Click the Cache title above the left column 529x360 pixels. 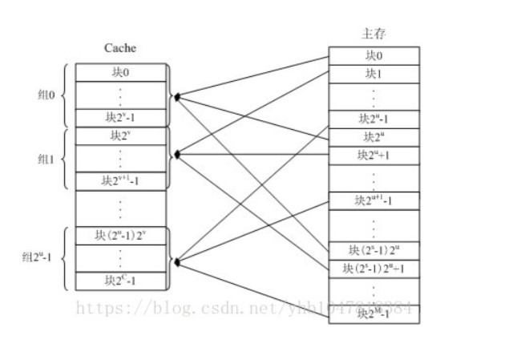point(119,48)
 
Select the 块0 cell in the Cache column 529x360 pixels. point(121,71)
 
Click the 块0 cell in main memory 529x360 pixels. point(374,55)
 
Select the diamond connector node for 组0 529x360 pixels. point(176,96)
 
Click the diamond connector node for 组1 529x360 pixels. point(176,153)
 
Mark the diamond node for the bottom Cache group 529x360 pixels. point(176,261)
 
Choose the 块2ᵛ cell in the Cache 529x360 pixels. point(121,135)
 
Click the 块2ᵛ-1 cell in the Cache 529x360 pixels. point(121,118)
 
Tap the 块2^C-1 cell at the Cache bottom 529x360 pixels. point(121,281)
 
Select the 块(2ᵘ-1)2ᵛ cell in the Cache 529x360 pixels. point(121,236)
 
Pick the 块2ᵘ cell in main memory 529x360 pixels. point(374,136)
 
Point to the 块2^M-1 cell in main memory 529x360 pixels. point(374,313)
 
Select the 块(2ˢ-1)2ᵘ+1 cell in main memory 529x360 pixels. point(374,268)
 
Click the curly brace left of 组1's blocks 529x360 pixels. point(65,158)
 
